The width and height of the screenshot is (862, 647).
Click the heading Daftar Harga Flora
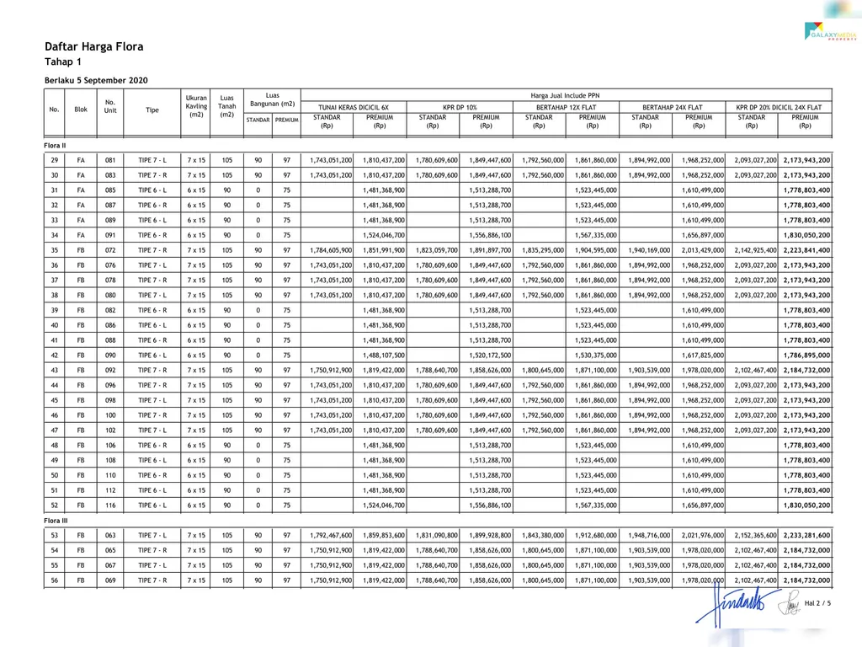coord(93,47)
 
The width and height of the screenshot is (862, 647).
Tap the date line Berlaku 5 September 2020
coord(96,80)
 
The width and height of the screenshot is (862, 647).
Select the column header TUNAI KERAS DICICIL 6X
coord(354,108)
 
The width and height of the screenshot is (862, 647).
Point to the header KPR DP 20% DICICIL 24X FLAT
coord(779,108)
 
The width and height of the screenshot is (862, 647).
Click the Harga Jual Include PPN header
coord(566,96)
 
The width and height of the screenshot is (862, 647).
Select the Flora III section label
coord(56,521)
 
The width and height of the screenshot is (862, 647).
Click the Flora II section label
coord(56,145)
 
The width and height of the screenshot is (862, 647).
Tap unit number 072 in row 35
coord(110,250)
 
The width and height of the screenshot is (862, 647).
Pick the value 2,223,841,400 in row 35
coord(806,250)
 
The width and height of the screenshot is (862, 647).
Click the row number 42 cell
coord(55,356)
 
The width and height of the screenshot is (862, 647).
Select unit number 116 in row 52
coord(110,505)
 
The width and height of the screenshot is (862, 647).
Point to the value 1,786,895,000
coord(806,356)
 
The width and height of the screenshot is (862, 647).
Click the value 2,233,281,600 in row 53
coord(806,535)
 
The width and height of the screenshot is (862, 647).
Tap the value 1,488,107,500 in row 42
coord(384,356)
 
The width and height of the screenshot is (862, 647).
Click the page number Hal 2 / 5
coord(817,603)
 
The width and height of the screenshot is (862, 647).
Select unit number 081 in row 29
coord(110,160)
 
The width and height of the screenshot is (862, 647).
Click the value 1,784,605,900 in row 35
coord(331,250)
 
